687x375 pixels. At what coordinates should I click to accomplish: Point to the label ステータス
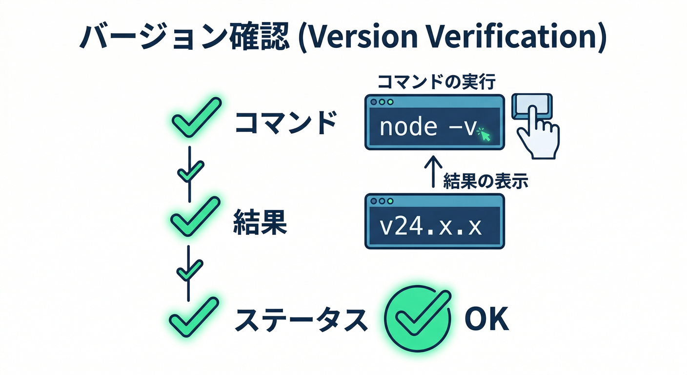(300, 319)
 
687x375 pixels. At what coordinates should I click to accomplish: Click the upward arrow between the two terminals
(433, 171)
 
